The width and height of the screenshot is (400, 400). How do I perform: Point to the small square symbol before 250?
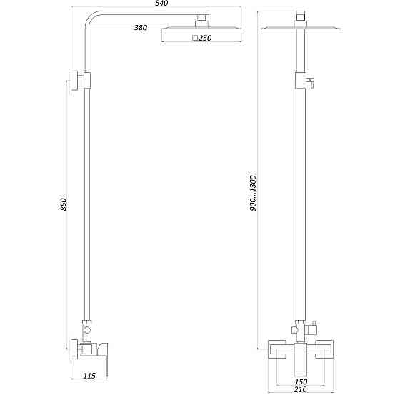196,39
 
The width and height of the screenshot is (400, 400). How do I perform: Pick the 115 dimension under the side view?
89,375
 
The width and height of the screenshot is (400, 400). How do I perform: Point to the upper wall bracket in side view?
74,81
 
